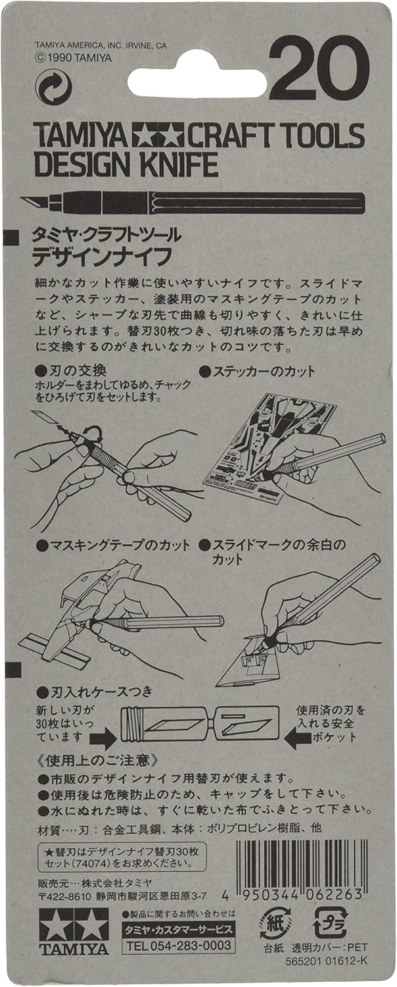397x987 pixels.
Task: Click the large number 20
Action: click(x=319, y=68)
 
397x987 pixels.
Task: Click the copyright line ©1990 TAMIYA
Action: click(x=73, y=58)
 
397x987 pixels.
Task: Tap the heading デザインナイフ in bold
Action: click(x=102, y=257)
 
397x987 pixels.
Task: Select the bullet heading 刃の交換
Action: click(x=71, y=370)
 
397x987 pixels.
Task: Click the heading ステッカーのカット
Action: click(x=258, y=372)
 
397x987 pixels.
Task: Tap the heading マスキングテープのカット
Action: click(x=113, y=545)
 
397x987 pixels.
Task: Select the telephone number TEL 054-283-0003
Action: click(x=178, y=945)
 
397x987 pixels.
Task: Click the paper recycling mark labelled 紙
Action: click(x=274, y=923)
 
